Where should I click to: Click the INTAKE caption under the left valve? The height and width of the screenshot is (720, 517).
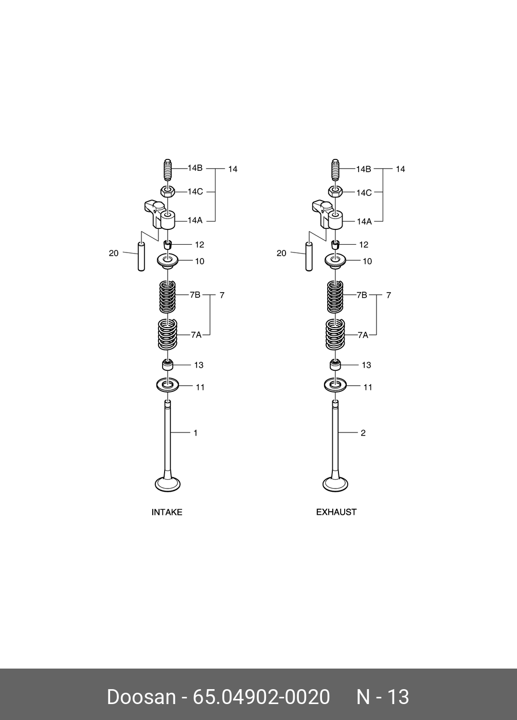tap(167, 512)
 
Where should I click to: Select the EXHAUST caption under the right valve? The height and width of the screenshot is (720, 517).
tap(336, 512)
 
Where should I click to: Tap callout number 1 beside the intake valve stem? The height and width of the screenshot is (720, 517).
tap(195, 433)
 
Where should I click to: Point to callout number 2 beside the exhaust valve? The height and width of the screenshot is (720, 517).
tap(363, 433)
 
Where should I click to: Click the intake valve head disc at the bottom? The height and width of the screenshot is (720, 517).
tap(168, 484)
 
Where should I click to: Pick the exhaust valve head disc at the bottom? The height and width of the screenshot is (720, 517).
tap(335, 484)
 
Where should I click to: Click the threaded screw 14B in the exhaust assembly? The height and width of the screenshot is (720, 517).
tap(335, 170)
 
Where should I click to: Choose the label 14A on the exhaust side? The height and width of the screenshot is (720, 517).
tap(364, 221)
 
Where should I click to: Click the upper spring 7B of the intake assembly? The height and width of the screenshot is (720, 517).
tap(168, 296)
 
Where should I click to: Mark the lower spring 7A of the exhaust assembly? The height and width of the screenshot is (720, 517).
tap(335, 334)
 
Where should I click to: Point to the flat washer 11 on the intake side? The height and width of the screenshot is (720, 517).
tap(168, 384)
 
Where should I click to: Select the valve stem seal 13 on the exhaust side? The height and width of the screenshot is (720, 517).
tap(335, 365)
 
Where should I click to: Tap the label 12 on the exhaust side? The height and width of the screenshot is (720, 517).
tap(364, 245)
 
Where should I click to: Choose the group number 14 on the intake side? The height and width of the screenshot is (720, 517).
tap(233, 169)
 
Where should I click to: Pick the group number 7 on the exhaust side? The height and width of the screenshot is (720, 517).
tap(388, 295)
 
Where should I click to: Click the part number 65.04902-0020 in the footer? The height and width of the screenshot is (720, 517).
tap(261, 697)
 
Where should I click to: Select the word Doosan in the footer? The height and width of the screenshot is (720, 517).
tap(141, 697)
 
